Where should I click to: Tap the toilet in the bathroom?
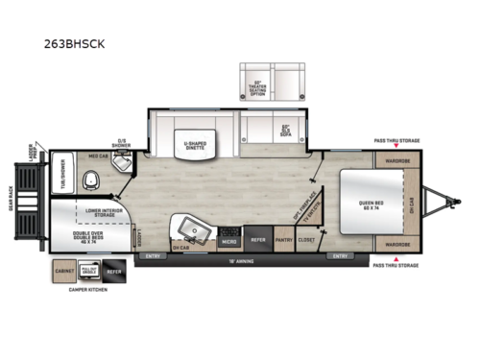coord(93,179)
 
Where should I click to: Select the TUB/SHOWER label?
coord(60,175)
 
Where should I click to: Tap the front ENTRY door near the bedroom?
coord(339,256)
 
